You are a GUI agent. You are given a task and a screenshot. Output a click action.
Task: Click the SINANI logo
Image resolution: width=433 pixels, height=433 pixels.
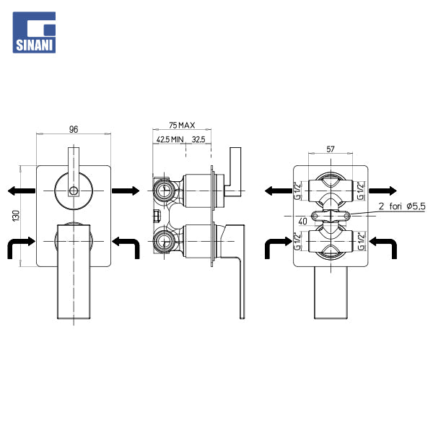pyautogui.click(x=34, y=32)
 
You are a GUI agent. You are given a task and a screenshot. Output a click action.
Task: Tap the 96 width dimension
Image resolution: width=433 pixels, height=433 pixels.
pyautogui.click(x=74, y=129)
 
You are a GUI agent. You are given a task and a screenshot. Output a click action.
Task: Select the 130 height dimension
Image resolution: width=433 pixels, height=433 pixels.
pyautogui.click(x=16, y=215)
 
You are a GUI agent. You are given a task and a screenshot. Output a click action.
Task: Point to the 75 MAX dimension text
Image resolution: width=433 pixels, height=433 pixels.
pyautogui.click(x=182, y=125)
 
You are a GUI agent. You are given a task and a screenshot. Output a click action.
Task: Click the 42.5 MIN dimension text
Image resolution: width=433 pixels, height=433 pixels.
pyautogui.click(x=170, y=139)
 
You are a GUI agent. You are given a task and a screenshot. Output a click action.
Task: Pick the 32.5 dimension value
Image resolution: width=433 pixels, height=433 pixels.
pyautogui.click(x=198, y=139)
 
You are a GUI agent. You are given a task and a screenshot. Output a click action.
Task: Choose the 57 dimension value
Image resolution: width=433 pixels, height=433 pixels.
pyautogui.click(x=331, y=149)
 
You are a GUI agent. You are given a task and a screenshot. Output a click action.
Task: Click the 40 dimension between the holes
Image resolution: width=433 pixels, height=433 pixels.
pyautogui.click(x=302, y=222)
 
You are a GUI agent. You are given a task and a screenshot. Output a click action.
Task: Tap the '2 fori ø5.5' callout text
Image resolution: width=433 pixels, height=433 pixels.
pyautogui.click(x=402, y=206)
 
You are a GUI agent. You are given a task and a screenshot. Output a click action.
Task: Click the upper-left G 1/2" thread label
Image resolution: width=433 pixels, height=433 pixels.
pyautogui.click(x=297, y=191)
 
